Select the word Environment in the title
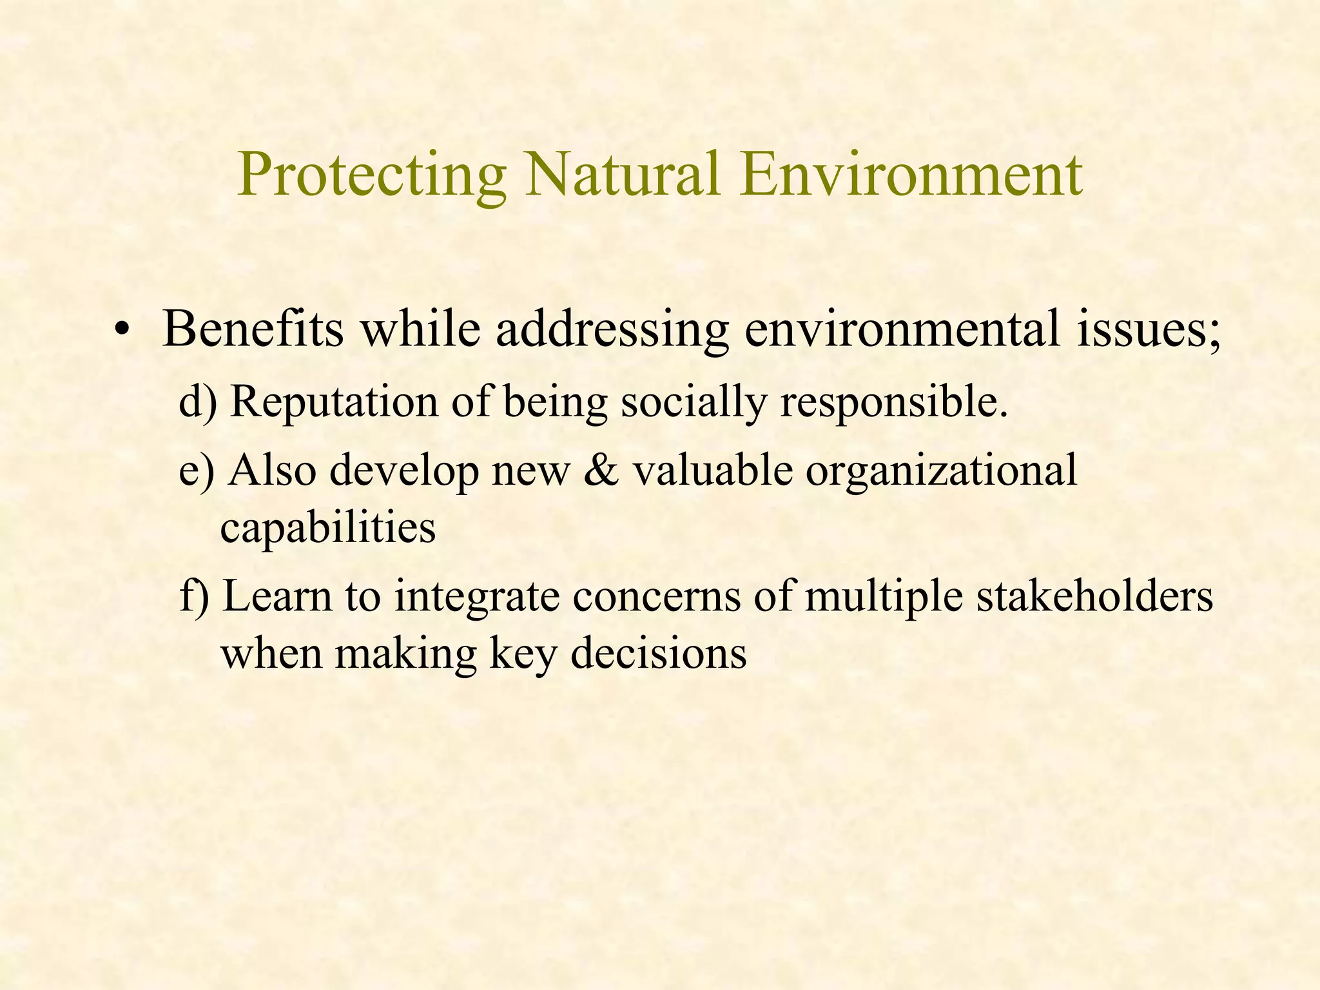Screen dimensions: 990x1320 pyautogui.click(x=911, y=175)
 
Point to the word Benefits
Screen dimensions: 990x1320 pyautogui.click(x=253, y=329)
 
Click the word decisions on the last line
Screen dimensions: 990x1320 pyautogui.click(x=659, y=653)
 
